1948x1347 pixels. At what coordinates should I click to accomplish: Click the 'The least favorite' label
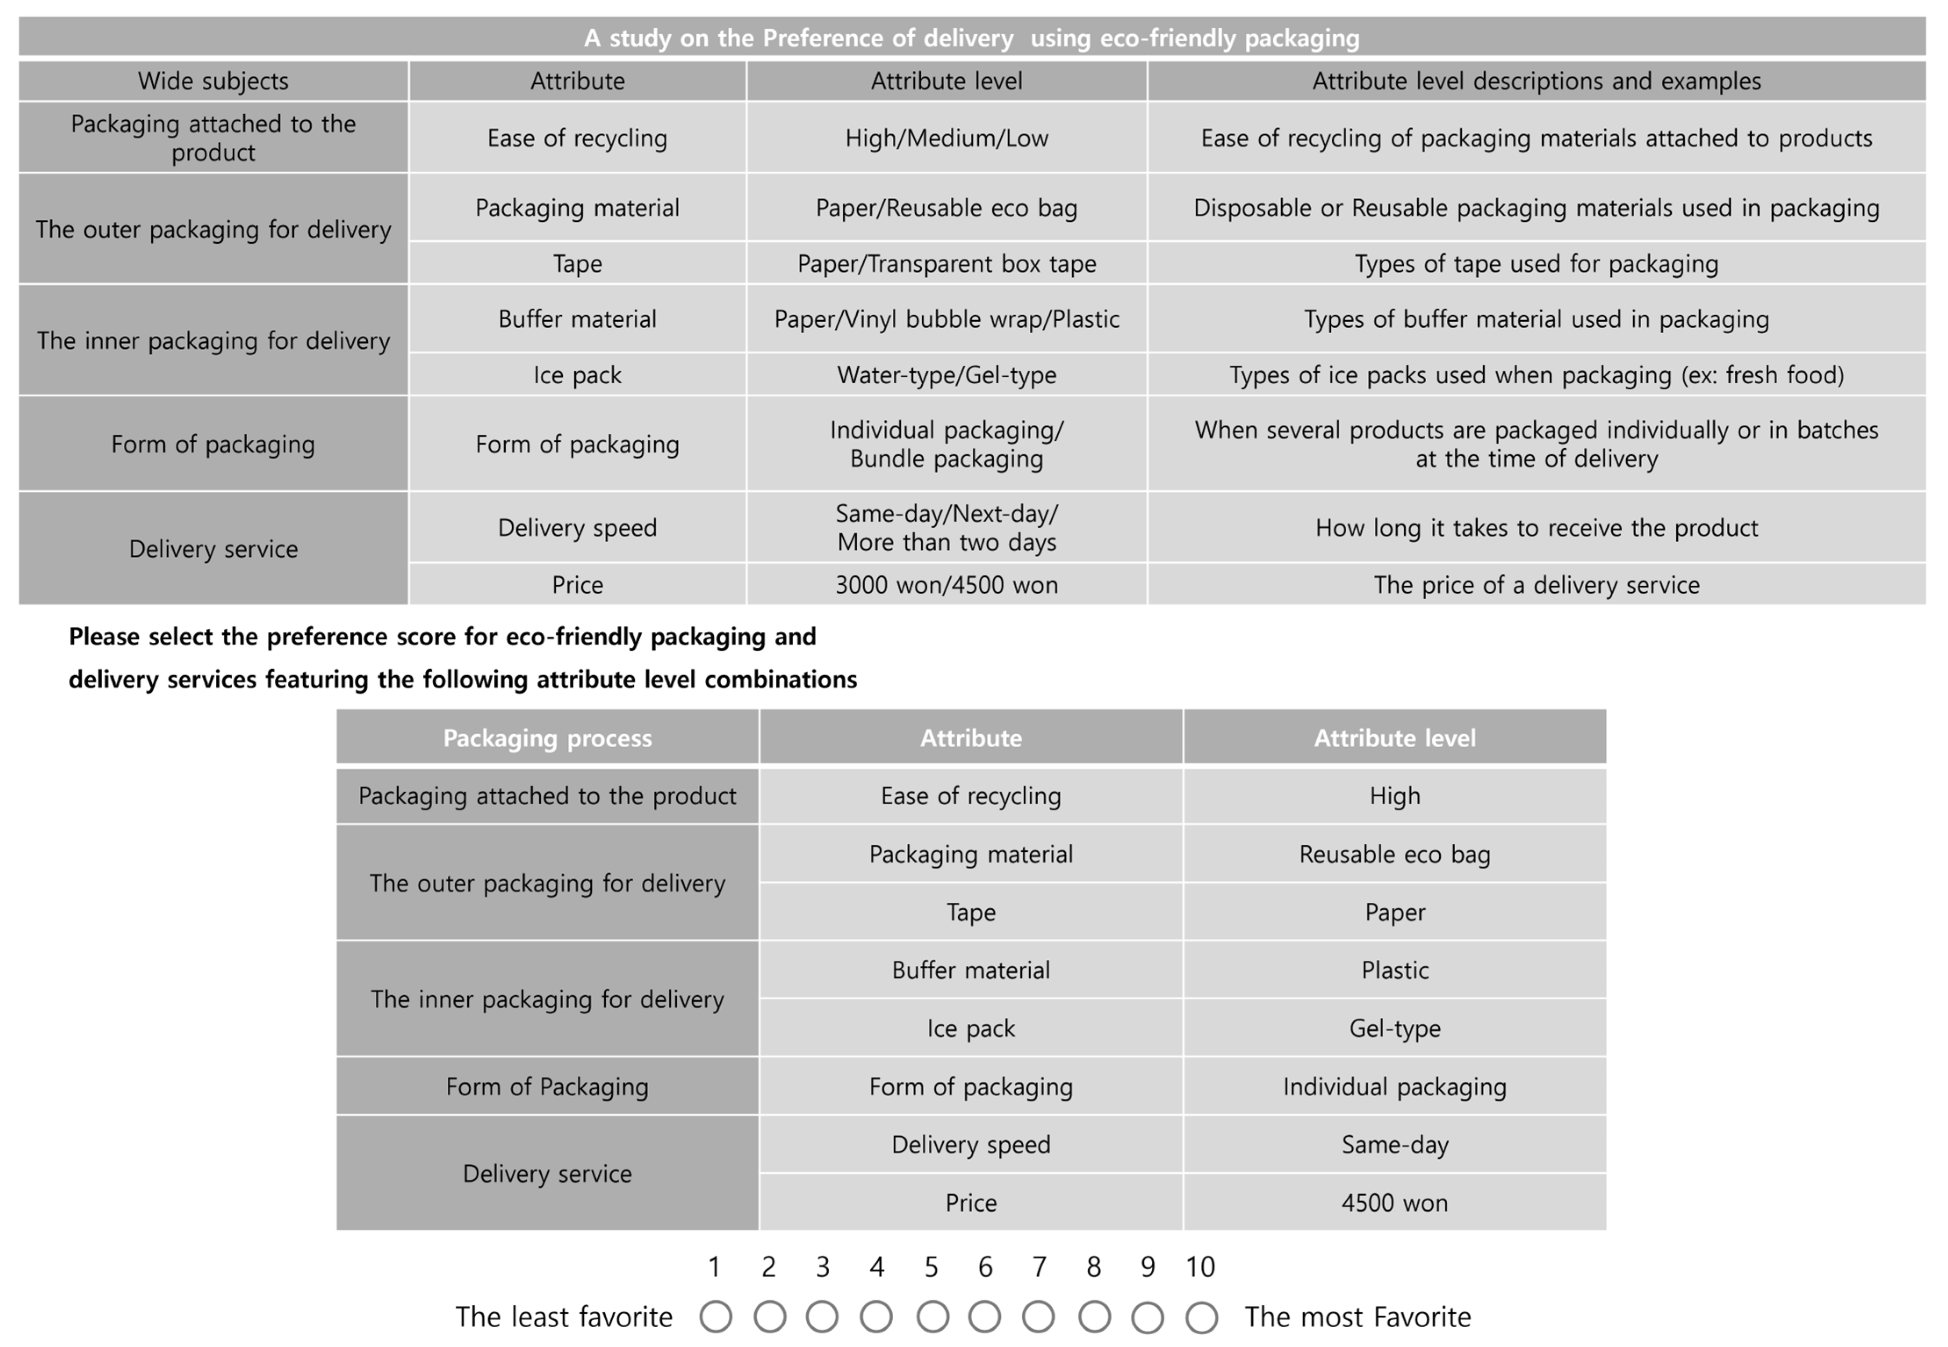[564, 1317]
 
